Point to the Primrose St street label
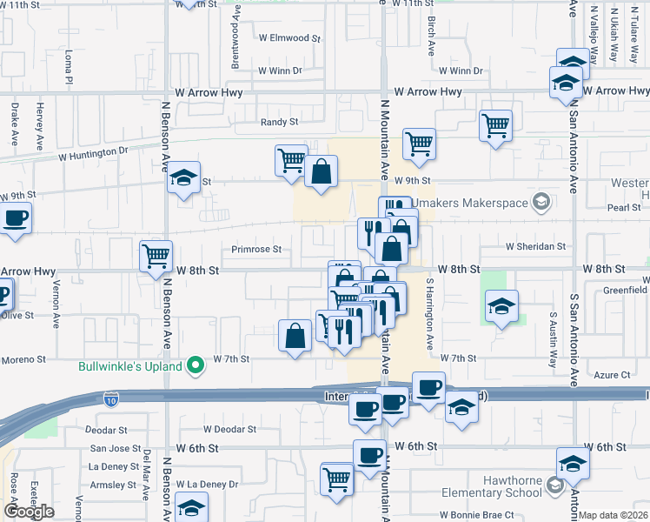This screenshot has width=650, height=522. [x=256, y=249]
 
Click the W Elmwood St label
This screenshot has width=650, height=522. [x=289, y=38]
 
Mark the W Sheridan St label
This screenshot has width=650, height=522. [x=535, y=246]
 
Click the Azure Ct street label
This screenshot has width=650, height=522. [x=613, y=375]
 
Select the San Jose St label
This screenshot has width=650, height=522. [x=116, y=449]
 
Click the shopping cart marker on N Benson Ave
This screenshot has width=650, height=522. [x=156, y=257]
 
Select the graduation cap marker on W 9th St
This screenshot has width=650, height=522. [x=183, y=177]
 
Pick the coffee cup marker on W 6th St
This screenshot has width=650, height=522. [x=369, y=455]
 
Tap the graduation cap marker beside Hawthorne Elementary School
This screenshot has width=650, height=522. [x=573, y=463]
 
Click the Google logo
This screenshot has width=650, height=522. [x=29, y=512]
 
